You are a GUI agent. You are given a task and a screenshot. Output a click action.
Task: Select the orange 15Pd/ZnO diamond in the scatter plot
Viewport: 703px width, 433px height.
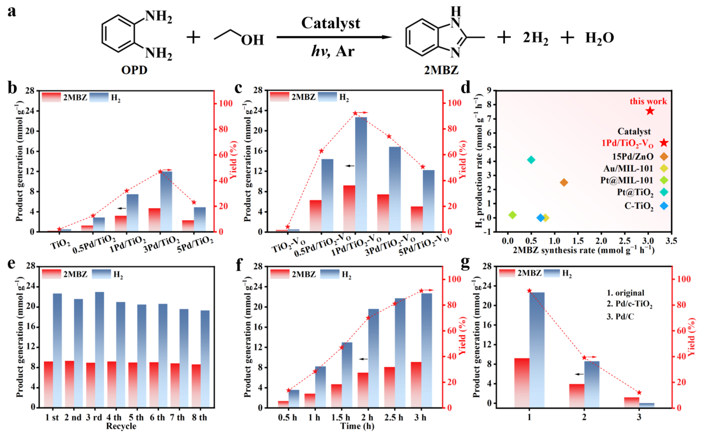(x=564, y=182)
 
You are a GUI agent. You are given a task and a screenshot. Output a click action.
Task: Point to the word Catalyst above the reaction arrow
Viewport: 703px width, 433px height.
(x=330, y=23)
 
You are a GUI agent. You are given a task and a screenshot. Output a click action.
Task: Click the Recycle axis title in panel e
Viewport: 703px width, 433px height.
(x=121, y=426)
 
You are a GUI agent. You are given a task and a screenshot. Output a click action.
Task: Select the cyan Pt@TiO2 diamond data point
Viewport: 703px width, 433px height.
(x=531, y=160)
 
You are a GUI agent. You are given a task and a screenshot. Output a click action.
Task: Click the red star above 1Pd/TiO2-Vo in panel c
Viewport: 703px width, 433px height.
(x=355, y=113)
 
